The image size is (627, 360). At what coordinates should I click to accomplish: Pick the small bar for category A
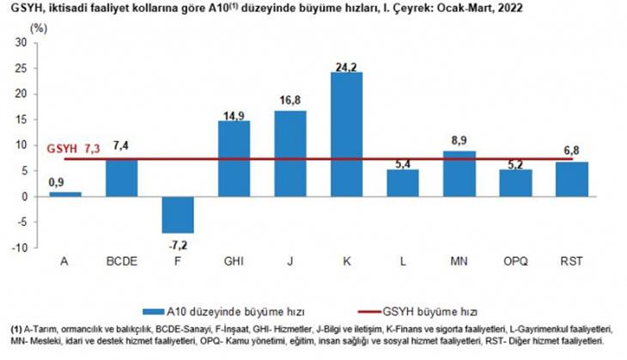(65, 194)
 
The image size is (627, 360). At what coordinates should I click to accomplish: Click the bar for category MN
(460, 174)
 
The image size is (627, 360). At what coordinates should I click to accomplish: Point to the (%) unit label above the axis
(39, 27)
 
